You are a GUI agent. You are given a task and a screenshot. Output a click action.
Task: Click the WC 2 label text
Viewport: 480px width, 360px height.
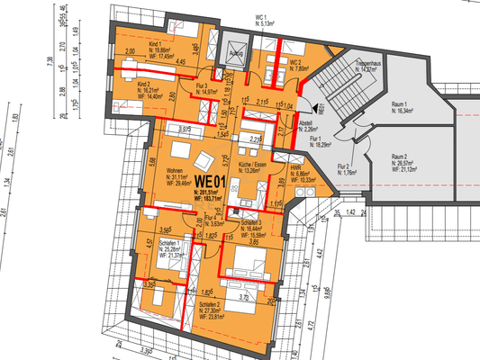tap(294, 62)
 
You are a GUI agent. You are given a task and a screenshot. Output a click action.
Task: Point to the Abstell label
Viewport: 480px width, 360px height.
tap(305, 125)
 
